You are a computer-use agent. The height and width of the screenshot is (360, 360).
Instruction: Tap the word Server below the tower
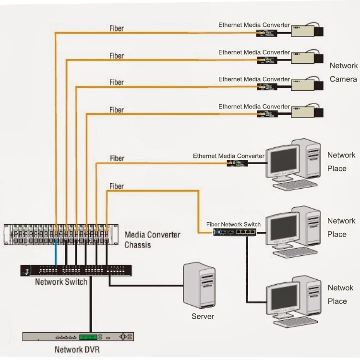(x=203, y=316)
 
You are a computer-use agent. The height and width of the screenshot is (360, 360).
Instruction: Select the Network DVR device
(x=78, y=336)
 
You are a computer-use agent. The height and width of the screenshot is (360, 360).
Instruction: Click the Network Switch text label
(x=61, y=282)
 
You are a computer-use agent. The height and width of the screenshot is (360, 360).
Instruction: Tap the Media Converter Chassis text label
(x=152, y=240)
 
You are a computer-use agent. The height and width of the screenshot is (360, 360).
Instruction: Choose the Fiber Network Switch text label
(x=233, y=224)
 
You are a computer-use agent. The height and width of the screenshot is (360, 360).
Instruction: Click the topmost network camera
(x=307, y=32)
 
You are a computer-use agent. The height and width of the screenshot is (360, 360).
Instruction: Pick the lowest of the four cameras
(x=307, y=112)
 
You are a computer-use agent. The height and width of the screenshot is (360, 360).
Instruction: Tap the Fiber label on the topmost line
(x=116, y=28)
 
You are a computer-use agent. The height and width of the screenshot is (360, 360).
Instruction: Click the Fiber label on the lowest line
(x=116, y=186)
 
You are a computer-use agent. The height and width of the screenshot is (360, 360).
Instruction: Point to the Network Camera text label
(x=343, y=72)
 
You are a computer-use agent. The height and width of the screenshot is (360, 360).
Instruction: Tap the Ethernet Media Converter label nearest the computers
(x=228, y=156)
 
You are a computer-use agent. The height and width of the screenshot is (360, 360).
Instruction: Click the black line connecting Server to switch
(x=144, y=286)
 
